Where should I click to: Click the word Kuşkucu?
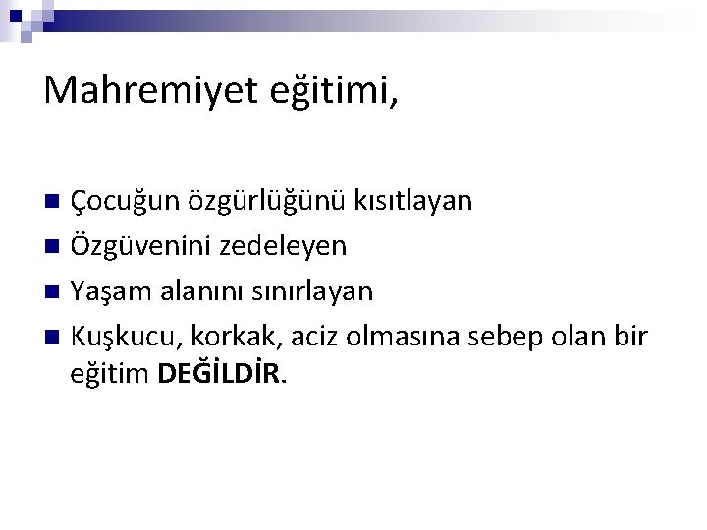coord(120,336)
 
